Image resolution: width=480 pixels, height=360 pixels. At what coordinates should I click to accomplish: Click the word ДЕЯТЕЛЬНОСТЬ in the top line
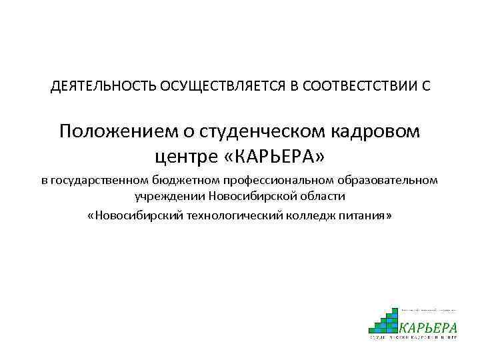coord(103,87)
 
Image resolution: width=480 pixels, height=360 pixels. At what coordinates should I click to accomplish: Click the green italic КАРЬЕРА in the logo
coord(428,327)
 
